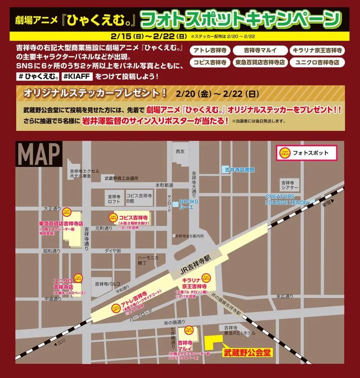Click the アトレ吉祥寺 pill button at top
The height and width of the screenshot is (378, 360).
(x=210, y=50)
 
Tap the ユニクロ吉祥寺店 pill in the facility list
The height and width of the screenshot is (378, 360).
(x=317, y=62)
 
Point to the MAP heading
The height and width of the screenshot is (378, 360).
(x=39, y=154)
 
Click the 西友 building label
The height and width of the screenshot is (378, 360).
(x=179, y=152)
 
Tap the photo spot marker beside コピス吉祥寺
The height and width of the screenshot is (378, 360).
(x=113, y=217)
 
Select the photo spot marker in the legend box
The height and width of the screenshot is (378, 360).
(x=283, y=153)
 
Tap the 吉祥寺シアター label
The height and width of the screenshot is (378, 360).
(x=290, y=185)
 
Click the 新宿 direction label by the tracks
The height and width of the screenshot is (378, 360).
(x=326, y=204)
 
